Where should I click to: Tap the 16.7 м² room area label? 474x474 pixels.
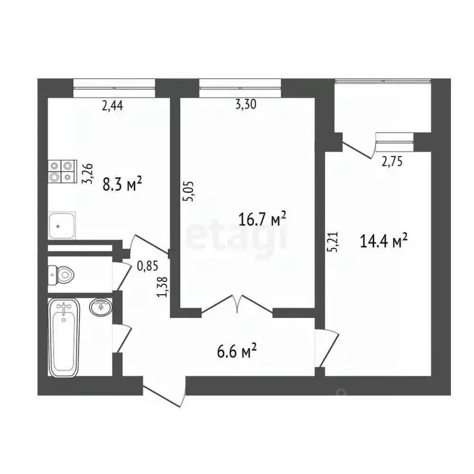pyautogui.click(x=262, y=218)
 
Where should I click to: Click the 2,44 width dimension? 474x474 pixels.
pyautogui.click(x=112, y=106)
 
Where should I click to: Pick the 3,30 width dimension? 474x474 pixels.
pyautogui.click(x=246, y=104)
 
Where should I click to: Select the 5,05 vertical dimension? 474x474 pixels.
pyautogui.click(x=190, y=190)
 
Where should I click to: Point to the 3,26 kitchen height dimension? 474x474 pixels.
pyautogui.click(x=88, y=173)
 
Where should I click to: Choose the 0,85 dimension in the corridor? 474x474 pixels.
pyautogui.click(x=146, y=266)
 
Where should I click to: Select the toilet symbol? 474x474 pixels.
pyautogui.click(x=62, y=273)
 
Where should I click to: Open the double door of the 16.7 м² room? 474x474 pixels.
pyautogui.click(x=237, y=305)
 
